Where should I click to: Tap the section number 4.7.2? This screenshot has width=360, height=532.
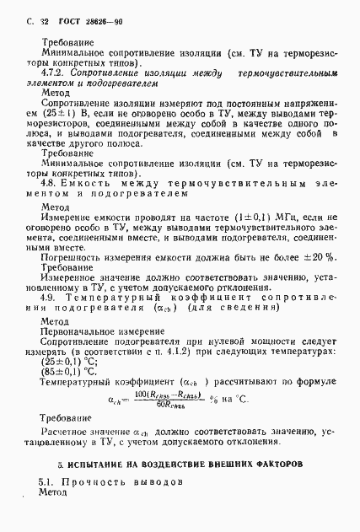tap(52, 73)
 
